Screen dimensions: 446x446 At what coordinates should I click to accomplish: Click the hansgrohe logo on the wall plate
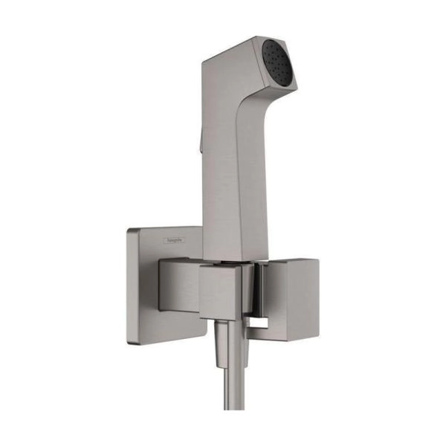click(175, 241)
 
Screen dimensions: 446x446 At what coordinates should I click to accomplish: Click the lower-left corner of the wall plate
click(129, 341)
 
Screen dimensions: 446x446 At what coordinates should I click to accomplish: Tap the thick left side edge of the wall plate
click(129, 286)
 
